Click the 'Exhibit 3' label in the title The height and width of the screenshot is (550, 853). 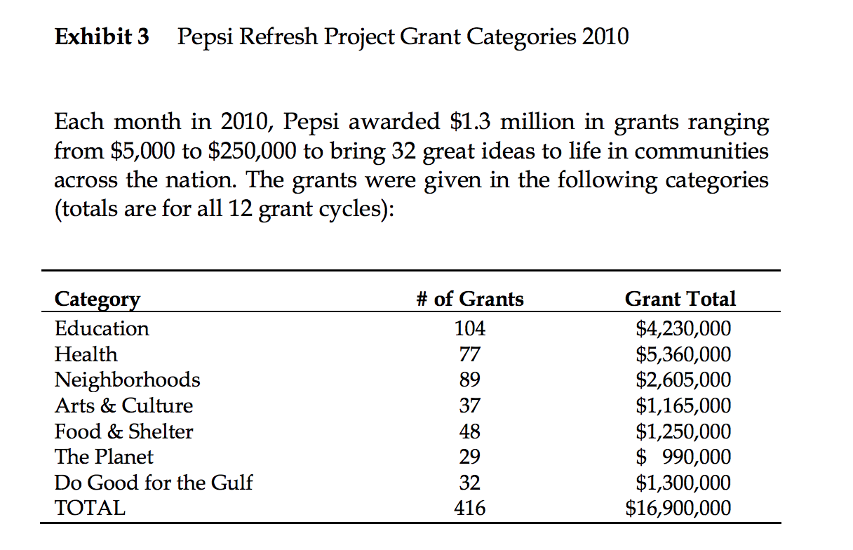(x=102, y=36)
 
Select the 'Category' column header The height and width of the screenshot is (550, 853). (x=97, y=300)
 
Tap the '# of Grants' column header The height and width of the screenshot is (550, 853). (x=469, y=300)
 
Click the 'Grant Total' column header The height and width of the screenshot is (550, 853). (x=680, y=300)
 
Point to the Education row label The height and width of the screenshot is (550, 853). (x=102, y=328)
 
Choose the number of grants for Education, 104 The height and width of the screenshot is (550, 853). (x=469, y=328)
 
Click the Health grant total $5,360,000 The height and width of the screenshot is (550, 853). (x=683, y=354)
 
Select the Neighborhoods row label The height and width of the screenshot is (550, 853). (x=127, y=380)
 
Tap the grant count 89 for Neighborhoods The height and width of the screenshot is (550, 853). (x=469, y=380)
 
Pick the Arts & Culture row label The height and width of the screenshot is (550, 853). (x=123, y=405)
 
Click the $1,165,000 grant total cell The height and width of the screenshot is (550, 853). (x=683, y=405)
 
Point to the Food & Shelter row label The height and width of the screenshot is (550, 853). (x=123, y=431)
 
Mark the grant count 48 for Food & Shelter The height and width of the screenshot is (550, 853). (x=469, y=431)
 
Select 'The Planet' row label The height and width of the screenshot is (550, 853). (x=104, y=457)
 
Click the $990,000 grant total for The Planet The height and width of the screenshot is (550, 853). (x=683, y=457)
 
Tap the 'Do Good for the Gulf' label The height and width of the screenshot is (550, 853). (x=154, y=483)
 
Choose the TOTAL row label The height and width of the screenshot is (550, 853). (x=90, y=508)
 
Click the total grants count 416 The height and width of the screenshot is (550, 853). (x=469, y=508)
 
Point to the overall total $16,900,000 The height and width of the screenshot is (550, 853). (x=678, y=508)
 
